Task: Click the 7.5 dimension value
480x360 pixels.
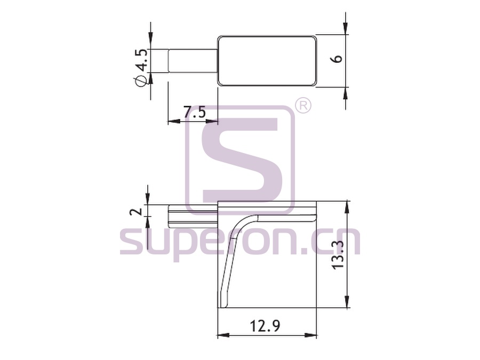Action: pyautogui.click(x=194, y=112)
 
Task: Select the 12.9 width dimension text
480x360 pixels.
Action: pyautogui.click(x=265, y=326)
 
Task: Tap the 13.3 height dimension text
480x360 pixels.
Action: pyautogui.click(x=338, y=254)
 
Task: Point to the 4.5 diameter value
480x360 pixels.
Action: pyautogui.click(x=142, y=60)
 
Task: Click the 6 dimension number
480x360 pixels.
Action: pyautogui.click(x=338, y=59)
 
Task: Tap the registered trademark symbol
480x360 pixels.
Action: pyautogui.click(x=302, y=106)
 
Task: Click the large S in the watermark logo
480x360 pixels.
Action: pyautogui.click(x=239, y=158)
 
